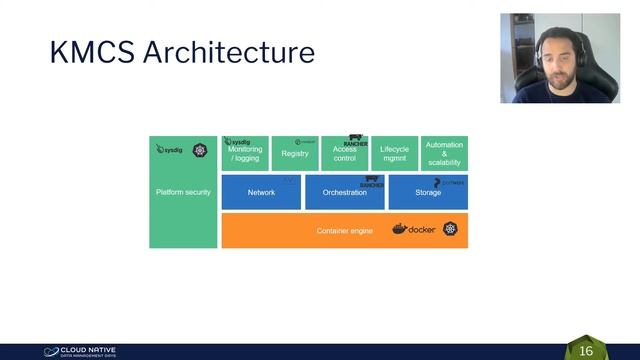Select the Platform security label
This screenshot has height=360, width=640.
[183, 192]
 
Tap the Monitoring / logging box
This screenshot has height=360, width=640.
[245, 154]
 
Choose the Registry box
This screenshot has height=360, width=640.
[295, 154]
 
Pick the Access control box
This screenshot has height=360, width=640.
[344, 155]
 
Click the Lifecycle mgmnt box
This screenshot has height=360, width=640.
[394, 154]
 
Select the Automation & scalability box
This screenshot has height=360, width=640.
[444, 154]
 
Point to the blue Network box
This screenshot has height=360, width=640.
[261, 192]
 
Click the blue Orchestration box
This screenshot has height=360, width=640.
[344, 192]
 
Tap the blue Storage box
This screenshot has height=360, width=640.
[428, 192]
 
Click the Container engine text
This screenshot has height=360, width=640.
[344, 231]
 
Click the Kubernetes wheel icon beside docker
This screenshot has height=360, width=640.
[451, 230]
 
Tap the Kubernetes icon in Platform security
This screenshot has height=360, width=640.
[200, 150]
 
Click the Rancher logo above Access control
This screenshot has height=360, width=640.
[356, 141]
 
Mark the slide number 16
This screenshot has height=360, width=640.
[586, 351]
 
